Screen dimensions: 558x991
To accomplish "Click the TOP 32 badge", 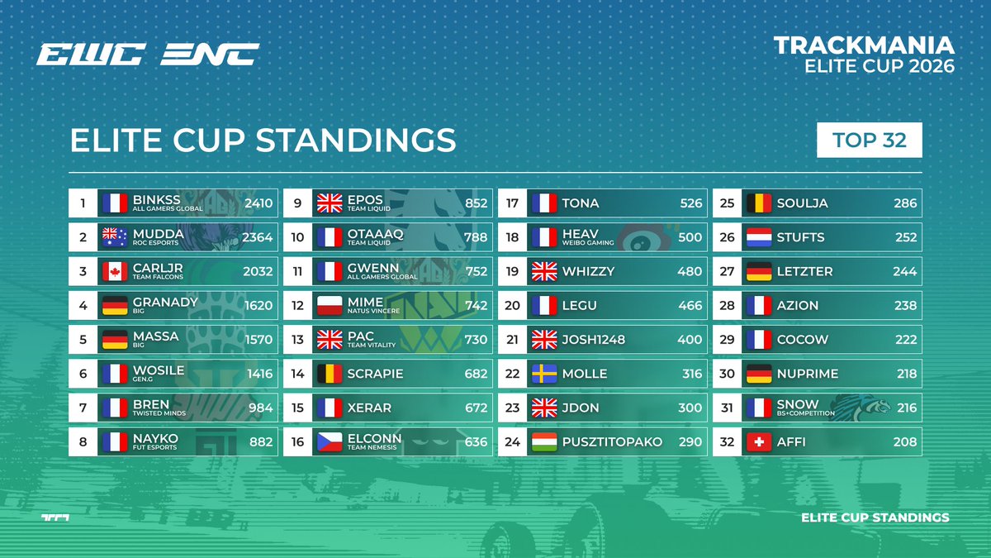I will tap(869, 140).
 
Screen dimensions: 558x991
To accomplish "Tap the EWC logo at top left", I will tap(91, 55).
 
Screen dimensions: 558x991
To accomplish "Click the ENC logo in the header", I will tap(209, 55).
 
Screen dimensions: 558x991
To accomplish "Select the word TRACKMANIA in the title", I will tap(864, 45).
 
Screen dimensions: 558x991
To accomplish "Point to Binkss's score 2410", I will tap(258, 203).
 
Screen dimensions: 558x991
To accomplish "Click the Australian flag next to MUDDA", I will tap(115, 237).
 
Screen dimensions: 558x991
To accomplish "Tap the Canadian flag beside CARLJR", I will tap(115, 271).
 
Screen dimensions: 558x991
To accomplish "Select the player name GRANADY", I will tap(165, 302).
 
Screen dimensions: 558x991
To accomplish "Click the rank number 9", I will tap(297, 203).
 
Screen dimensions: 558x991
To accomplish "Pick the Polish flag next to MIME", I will tap(330, 306).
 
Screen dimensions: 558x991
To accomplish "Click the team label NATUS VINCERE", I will tap(373, 312).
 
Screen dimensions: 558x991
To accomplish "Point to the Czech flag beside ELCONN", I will tap(330, 442).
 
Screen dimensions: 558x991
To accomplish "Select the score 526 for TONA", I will tap(690, 203).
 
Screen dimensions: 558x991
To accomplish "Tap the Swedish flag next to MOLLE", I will tap(544, 374).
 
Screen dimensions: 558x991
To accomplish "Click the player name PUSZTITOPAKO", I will tap(612, 442).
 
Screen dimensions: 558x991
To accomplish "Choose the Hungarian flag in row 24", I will tap(544, 442).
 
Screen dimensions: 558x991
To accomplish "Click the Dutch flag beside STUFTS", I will tap(759, 237).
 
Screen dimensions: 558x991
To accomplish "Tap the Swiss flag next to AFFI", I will tap(759, 442).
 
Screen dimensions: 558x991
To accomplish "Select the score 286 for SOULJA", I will tap(905, 203).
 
